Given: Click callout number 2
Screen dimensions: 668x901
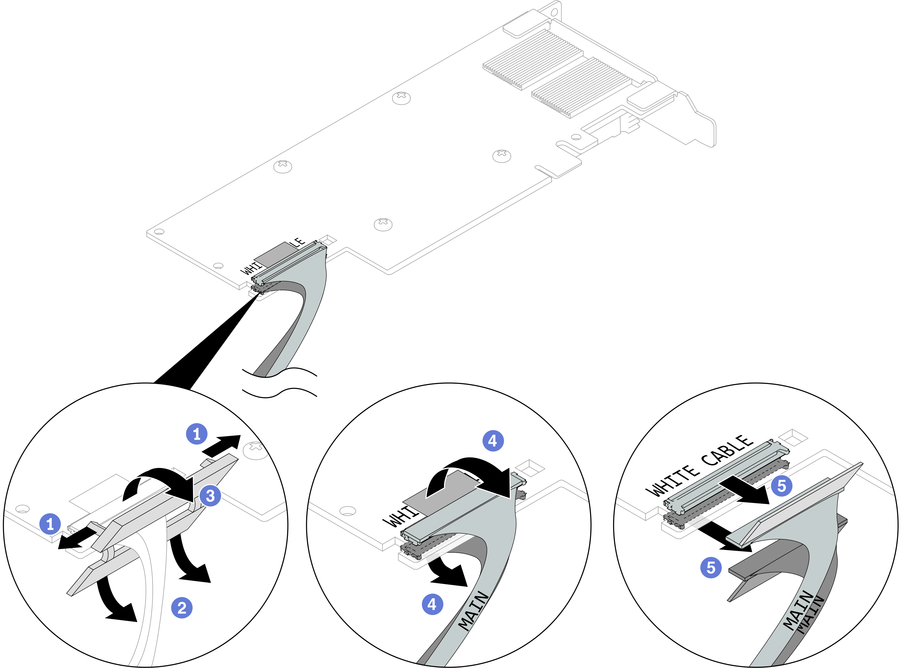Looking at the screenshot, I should pos(182,608).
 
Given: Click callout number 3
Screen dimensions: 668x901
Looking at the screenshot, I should pos(210,496).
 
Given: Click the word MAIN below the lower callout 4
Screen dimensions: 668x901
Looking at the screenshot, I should pos(474,611).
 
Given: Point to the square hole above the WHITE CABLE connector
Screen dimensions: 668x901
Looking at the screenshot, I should pos(793,437).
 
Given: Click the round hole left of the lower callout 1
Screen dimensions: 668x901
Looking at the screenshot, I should pos(22,508).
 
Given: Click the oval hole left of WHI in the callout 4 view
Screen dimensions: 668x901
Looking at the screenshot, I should pos(348,511).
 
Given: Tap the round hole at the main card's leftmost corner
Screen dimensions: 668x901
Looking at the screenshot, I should pos(159,232).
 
